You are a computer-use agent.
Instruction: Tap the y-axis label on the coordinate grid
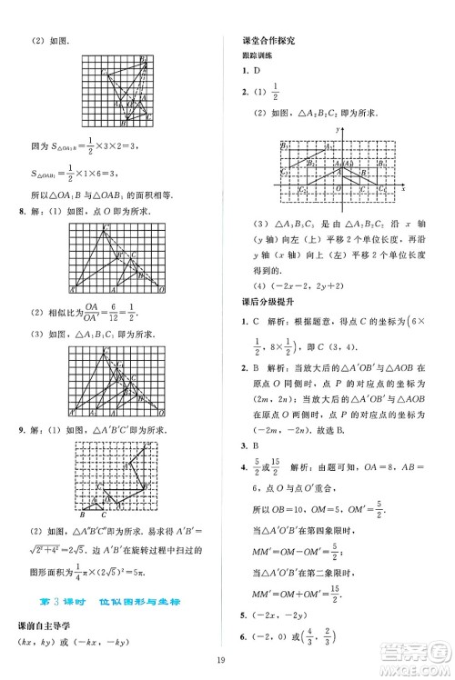coord(336,132)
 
